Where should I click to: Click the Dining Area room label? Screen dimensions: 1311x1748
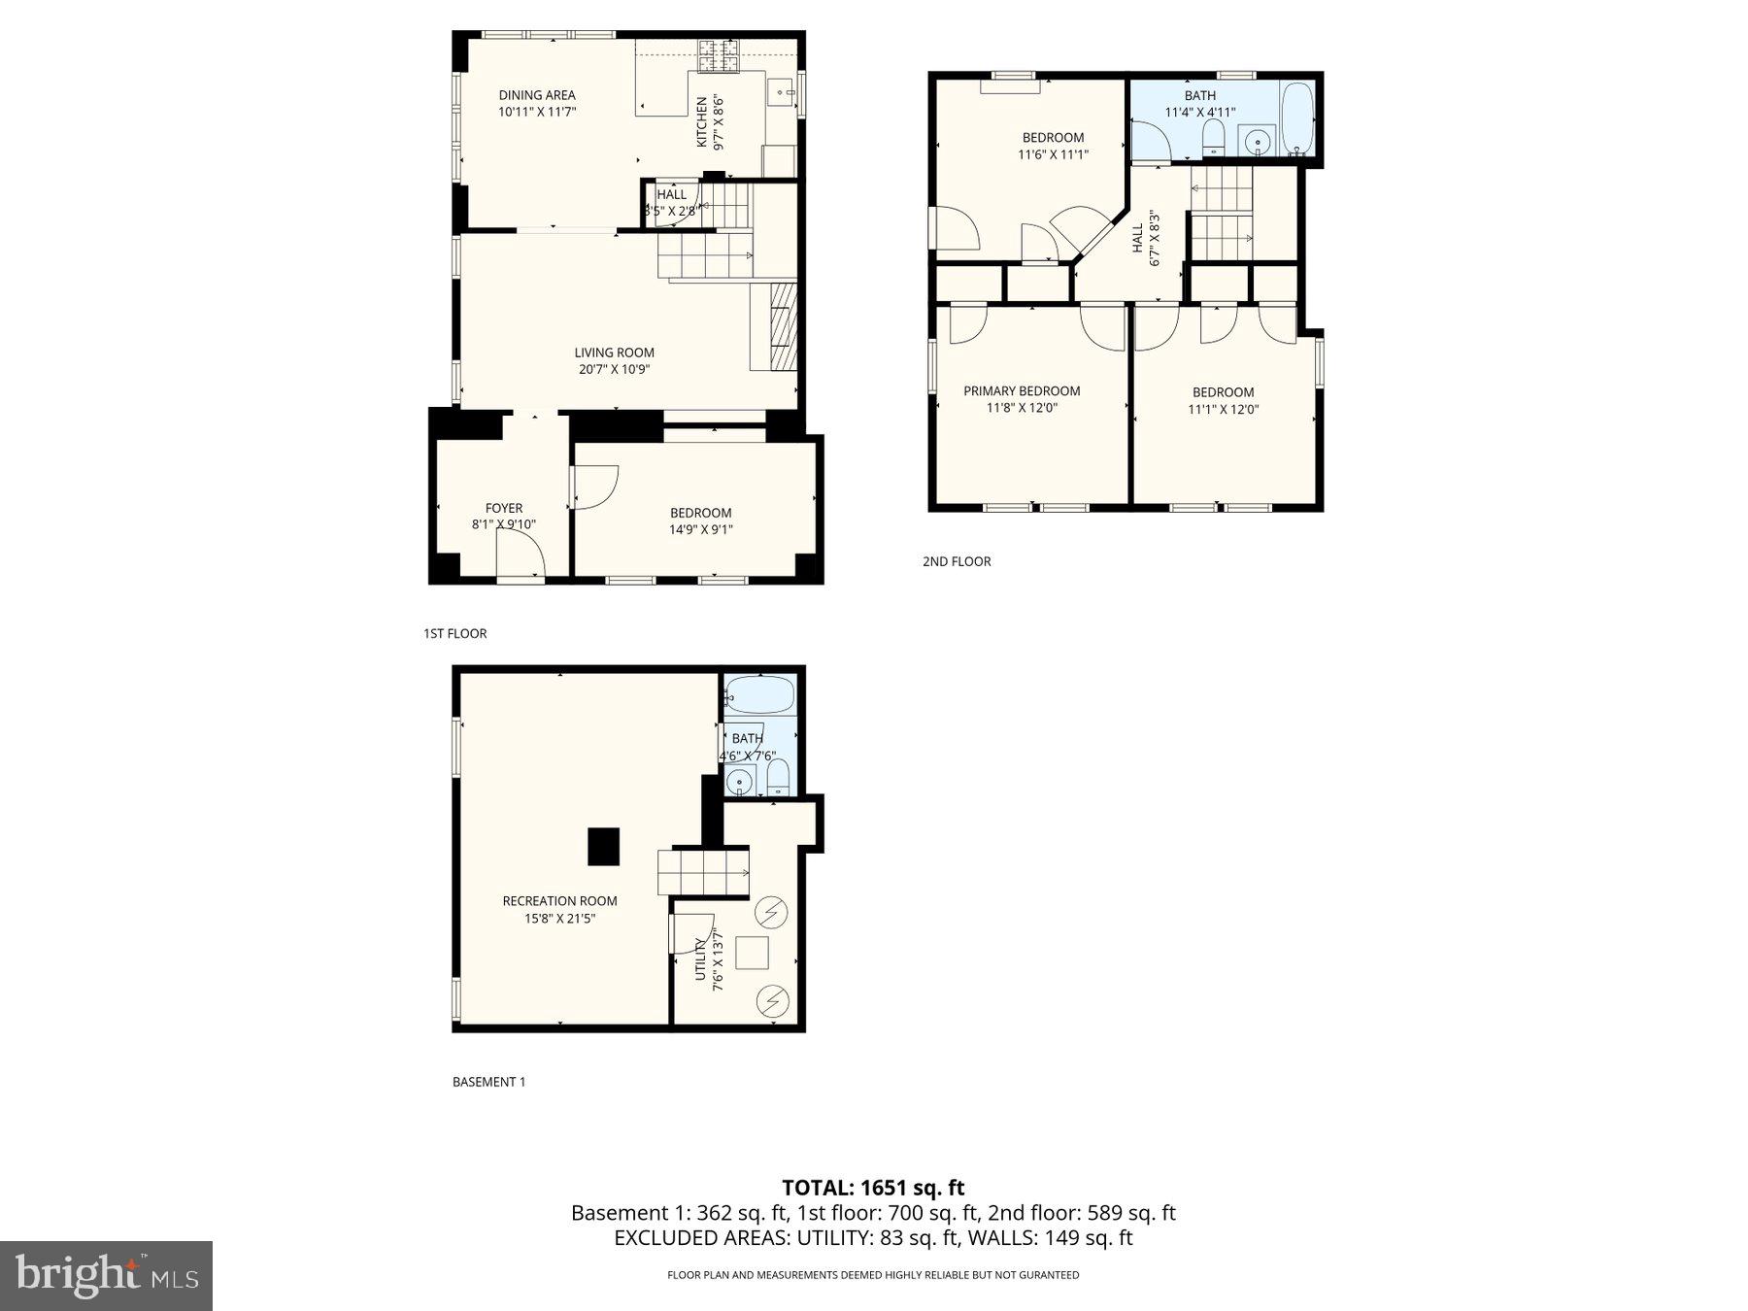(x=537, y=95)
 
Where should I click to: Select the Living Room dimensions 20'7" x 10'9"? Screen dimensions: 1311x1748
(x=614, y=369)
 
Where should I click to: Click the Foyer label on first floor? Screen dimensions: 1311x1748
(x=503, y=508)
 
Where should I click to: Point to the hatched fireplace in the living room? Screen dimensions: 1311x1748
(x=784, y=326)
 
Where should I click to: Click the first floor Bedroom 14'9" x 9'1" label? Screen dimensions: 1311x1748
(x=700, y=513)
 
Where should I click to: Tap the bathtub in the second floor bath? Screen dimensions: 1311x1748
(x=1296, y=118)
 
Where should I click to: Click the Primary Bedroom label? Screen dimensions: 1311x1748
(x=1022, y=391)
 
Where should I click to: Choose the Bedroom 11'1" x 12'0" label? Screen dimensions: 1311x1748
(x=1223, y=392)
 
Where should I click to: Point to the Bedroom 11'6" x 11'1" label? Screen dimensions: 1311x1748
(x=1053, y=138)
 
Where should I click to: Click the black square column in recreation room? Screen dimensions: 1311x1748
(x=603, y=846)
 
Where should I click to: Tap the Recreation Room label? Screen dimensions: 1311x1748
(x=559, y=901)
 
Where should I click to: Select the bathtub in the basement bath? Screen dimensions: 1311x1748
(x=760, y=695)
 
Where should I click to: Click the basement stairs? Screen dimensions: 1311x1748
(x=703, y=871)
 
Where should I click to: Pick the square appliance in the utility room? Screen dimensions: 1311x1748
(x=752, y=952)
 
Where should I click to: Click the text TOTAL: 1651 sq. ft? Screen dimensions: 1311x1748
(x=873, y=1187)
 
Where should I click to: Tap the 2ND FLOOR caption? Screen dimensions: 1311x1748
(x=957, y=561)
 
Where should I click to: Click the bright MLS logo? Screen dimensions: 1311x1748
(x=106, y=1275)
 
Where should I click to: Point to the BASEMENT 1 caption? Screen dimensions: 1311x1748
(x=488, y=1082)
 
